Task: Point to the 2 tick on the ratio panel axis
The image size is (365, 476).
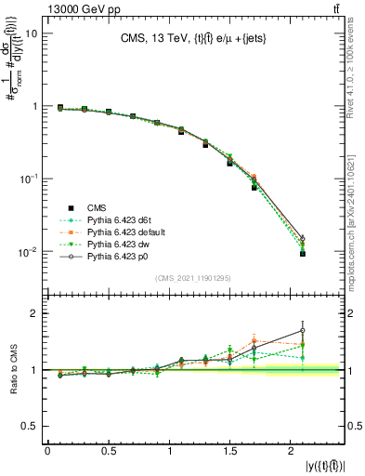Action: (x=33, y=313)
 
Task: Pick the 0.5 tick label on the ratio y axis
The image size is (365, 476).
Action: (x=28, y=426)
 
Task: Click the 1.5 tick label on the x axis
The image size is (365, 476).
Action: (x=231, y=452)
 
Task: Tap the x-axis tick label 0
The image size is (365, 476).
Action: (x=47, y=452)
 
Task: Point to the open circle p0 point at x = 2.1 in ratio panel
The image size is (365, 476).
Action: (x=303, y=330)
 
